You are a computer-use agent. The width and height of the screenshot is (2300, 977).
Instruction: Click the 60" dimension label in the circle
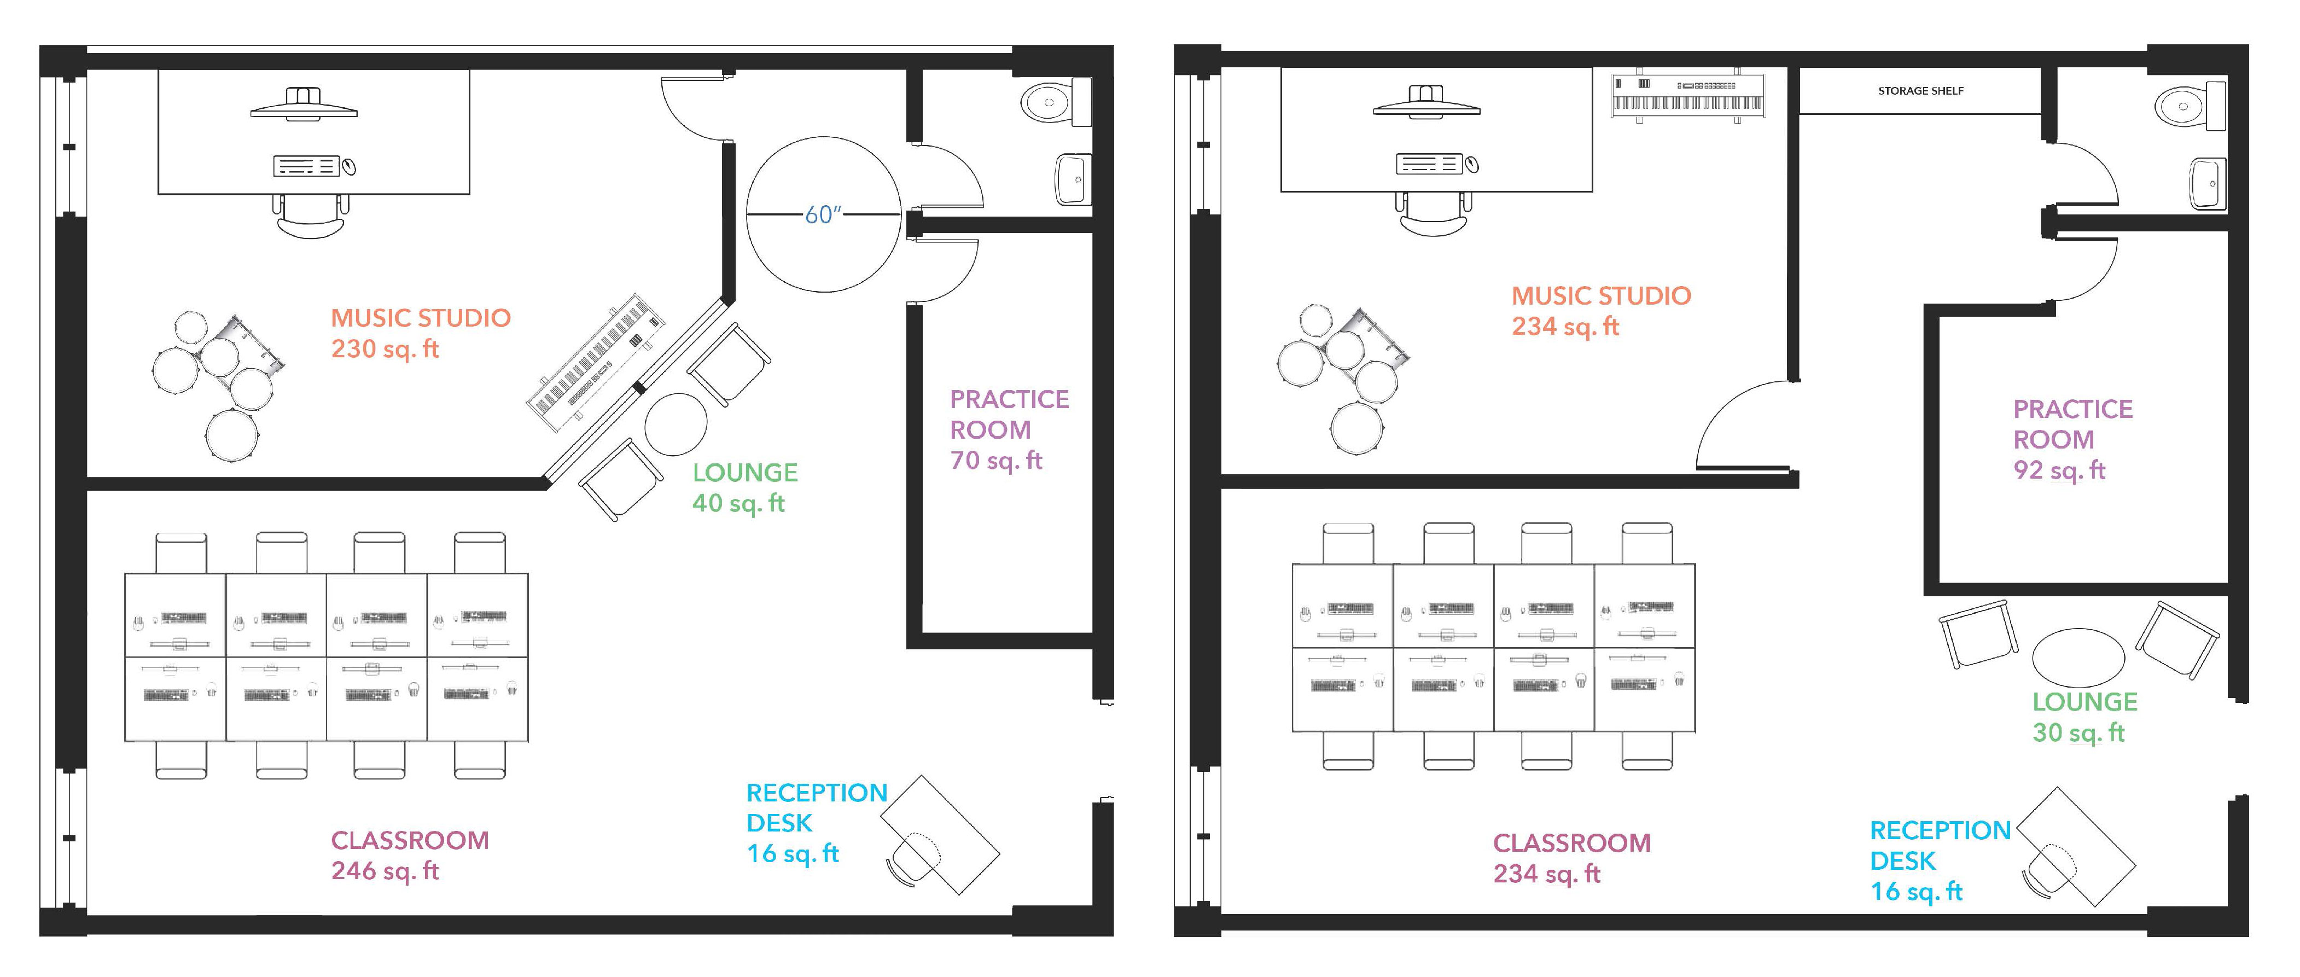tap(822, 215)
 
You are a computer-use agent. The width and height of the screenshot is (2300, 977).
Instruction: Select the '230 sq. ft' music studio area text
tap(385, 349)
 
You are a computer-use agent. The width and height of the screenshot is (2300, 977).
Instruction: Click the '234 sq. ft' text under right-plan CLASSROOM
tap(1546, 874)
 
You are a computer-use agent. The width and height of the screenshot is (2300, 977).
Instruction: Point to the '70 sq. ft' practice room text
tap(995, 461)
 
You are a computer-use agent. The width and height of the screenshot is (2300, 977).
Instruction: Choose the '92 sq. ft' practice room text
tap(2059, 470)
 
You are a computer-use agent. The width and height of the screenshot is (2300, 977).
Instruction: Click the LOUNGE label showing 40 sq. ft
tap(744, 473)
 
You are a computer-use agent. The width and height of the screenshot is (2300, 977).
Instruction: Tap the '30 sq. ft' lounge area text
tap(2078, 733)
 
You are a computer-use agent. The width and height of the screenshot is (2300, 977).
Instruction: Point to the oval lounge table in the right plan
tap(2078, 656)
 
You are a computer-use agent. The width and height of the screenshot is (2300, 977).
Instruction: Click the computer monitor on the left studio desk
tap(304, 104)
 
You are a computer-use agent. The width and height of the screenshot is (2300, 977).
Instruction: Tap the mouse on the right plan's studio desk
tap(1472, 164)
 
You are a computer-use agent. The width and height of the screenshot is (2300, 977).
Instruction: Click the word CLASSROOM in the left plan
tap(410, 840)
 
